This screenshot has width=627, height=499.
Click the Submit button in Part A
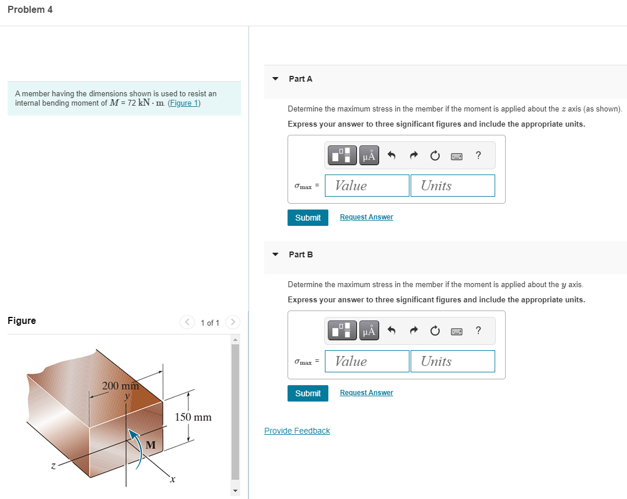[x=307, y=218]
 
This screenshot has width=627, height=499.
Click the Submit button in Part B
[x=307, y=393]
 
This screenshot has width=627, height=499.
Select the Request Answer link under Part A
[x=366, y=217]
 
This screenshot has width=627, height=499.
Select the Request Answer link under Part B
[x=366, y=393]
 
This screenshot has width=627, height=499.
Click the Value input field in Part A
[x=367, y=186]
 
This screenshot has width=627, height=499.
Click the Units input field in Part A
[x=453, y=186]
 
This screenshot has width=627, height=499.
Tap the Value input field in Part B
[x=367, y=361]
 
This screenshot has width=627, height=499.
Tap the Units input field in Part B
[x=453, y=361]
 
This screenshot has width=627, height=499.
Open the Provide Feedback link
[x=297, y=431]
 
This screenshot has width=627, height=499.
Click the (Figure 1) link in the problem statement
[x=184, y=103]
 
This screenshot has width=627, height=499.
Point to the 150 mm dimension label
[x=193, y=417]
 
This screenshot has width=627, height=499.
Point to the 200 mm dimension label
[x=120, y=386]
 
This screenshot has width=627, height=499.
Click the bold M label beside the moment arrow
[x=150, y=445]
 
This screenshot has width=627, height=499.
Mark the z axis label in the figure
[x=52, y=465]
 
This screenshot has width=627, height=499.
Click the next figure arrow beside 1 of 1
[x=232, y=322]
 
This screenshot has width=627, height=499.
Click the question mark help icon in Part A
[x=478, y=155]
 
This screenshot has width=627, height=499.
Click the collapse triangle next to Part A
[x=275, y=79]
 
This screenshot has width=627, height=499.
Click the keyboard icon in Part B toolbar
[x=457, y=331]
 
